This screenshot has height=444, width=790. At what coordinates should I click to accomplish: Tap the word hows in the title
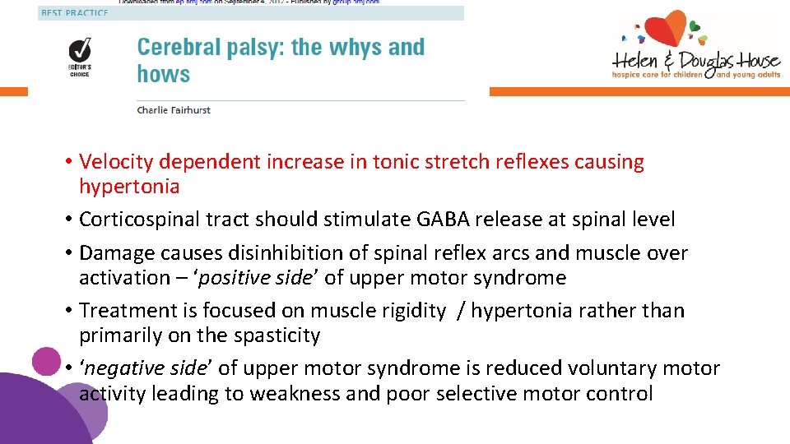163,74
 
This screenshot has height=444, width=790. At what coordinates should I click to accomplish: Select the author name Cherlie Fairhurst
174,110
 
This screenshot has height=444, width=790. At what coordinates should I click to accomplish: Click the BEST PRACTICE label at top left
73,13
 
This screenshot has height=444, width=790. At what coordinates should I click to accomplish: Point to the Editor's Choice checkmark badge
79,49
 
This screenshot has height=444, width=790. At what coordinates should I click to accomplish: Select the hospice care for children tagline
658,75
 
